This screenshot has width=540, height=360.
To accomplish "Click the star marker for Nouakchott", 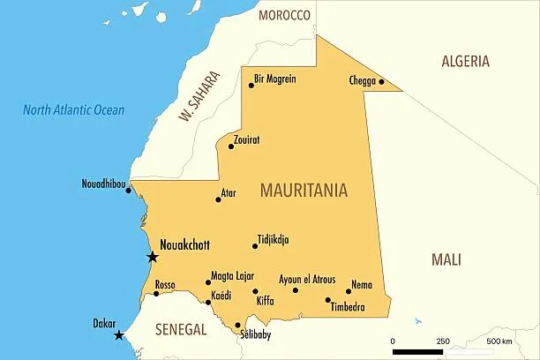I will pyautogui.click(x=153, y=257).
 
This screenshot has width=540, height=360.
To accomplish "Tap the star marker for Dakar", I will pyautogui.click(x=119, y=335).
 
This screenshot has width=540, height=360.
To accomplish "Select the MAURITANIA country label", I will pyautogui.click(x=304, y=191).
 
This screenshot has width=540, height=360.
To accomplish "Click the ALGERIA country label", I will pyautogui.click(x=465, y=61).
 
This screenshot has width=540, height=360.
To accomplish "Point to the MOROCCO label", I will pyautogui.click(x=284, y=15).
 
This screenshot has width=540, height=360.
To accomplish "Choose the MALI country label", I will pyautogui.click(x=446, y=259).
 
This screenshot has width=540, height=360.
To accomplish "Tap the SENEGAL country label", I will pyautogui.click(x=180, y=329).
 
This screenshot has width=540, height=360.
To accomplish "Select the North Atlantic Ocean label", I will pyautogui.click(x=73, y=110).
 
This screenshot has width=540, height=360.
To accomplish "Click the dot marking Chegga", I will pyautogui.click(x=382, y=82).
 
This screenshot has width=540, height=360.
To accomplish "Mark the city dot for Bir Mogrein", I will pyautogui.click(x=251, y=85).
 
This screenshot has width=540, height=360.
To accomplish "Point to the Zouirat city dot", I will pyautogui.click(x=231, y=146).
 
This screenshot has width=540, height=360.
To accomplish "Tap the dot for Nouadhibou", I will pyautogui.click(x=128, y=191).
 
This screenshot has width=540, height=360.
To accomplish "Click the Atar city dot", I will pyautogui.click(x=218, y=199).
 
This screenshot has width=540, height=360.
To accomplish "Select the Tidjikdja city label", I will pyautogui.click(x=273, y=239).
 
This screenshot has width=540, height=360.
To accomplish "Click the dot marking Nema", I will pyautogui.click(x=349, y=291).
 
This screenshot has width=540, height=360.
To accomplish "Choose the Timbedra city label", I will pyautogui.click(x=347, y=307).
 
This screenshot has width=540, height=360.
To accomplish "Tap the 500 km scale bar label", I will pyautogui.click(x=499, y=341).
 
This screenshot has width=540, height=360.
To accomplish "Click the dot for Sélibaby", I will pyautogui.click(x=237, y=325).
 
